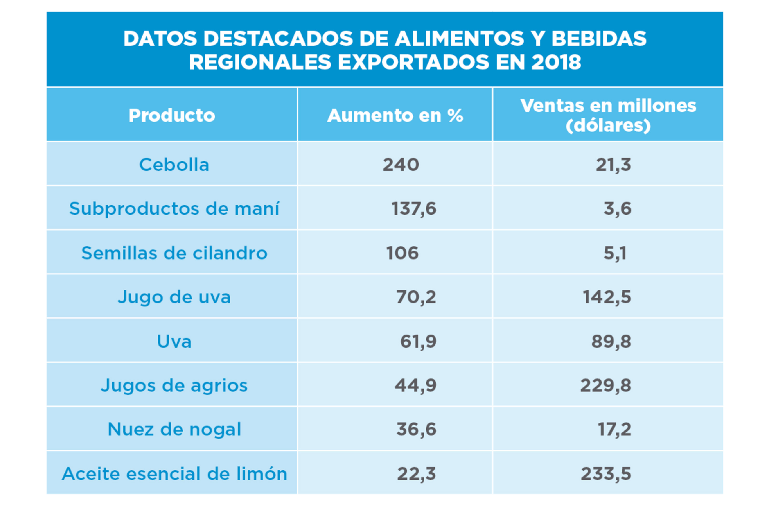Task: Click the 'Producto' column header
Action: [x=172, y=115]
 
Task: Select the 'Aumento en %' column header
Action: [x=395, y=115]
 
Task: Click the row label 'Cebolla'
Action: [x=174, y=164]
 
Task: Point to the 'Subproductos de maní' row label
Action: [x=174, y=209]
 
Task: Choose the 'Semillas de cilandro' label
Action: [x=174, y=253]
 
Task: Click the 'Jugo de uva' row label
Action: [x=174, y=297]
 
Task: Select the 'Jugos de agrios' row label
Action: [x=174, y=385]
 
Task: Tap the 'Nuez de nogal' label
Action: [x=174, y=429]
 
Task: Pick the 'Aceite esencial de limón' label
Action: [x=174, y=474]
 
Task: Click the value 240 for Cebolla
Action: [x=401, y=164]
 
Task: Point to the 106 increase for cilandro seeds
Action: [x=402, y=253]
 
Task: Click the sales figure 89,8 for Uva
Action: [x=611, y=341]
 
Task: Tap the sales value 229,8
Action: [x=605, y=385]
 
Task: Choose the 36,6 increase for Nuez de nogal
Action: [x=416, y=429]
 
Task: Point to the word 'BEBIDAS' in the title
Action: [x=599, y=39]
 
